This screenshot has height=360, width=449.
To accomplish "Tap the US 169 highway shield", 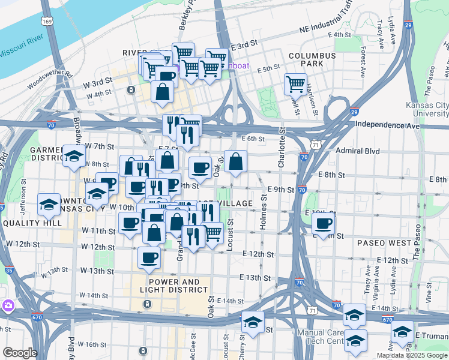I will pos(46,21).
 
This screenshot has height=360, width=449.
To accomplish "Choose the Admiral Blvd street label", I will pos(358,151).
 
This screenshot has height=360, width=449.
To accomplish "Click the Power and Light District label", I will pos(174,286).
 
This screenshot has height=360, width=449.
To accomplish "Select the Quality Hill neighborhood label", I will pos(32,223).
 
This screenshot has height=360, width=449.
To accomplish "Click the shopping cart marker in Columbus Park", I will pos(295,85).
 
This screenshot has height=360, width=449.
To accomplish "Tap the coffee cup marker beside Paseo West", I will pos(324,224).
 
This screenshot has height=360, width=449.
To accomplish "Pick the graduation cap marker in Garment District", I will pos(74,157).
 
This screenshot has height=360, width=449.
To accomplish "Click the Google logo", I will pos(20,353).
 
